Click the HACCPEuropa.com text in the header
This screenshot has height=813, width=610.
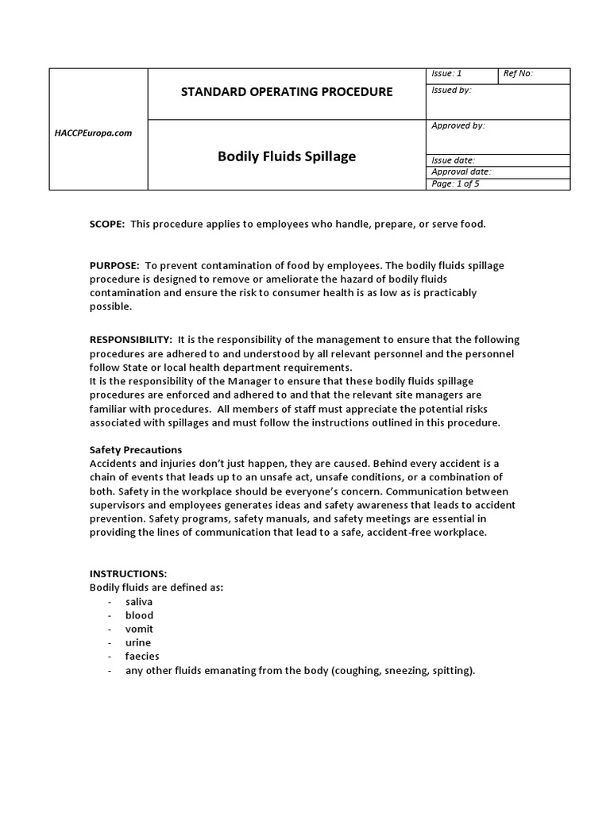click(x=98, y=133)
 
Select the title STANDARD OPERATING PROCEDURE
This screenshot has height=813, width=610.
click(x=287, y=91)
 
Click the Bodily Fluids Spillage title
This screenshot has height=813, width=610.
click(x=287, y=156)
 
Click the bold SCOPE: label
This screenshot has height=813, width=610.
click(x=107, y=224)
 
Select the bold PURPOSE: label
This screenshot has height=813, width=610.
click(x=114, y=265)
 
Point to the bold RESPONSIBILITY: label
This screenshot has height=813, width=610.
click(x=130, y=340)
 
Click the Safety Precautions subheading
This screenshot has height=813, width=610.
click(x=136, y=449)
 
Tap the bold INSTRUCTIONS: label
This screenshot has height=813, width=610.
click(x=128, y=573)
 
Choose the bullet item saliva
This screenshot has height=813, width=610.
click(x=139, y=602)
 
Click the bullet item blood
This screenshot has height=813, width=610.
click(x=139, y=615)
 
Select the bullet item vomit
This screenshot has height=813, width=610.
click(x=139, y=629)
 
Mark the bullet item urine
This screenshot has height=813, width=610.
click(x=138, y=642)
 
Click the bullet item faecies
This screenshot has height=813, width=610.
click(x=142, y=656)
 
